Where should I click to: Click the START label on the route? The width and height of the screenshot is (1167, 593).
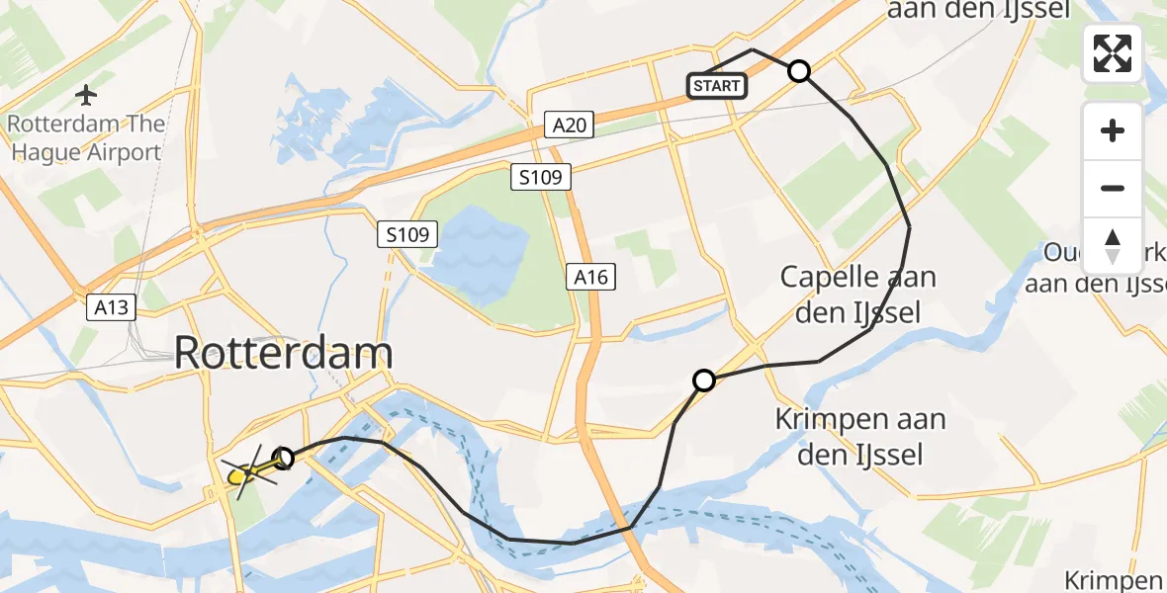point(716,86)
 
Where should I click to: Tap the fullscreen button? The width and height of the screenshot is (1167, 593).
point(1113,53)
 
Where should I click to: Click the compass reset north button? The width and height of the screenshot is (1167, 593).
point(1113,246)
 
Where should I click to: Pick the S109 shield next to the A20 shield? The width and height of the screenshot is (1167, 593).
point(541,178)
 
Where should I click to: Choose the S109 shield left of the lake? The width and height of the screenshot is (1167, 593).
point(407,235)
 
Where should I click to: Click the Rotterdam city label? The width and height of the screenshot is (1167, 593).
point(284,353)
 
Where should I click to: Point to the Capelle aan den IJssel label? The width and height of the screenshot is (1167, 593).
point(857,295)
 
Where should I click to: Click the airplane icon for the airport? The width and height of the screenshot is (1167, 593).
point(87,96)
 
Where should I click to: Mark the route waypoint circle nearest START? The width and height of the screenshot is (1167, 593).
point(799,71)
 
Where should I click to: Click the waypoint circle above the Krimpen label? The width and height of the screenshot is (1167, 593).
point(704,380)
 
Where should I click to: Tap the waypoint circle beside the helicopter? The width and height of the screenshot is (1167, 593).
point(284,458)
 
